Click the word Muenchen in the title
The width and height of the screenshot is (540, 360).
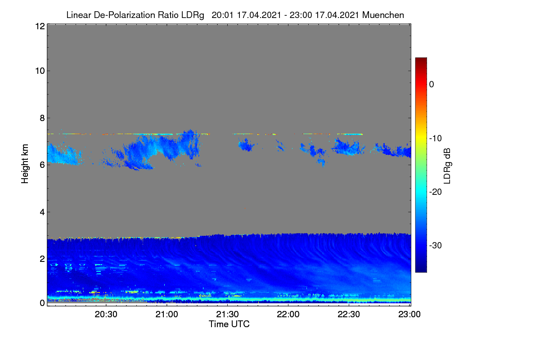383,15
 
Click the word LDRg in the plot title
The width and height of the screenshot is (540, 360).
193,15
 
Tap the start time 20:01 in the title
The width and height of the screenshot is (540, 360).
222,15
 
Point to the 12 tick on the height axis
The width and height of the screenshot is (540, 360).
40,26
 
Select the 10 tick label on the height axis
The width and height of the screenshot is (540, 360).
40,71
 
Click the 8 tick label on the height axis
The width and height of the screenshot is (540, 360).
42,118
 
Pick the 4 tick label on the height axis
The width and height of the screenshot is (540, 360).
42,212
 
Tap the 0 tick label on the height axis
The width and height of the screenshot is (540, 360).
42,303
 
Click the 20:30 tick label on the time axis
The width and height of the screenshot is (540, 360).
106,315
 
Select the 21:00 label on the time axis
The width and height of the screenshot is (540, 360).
166,315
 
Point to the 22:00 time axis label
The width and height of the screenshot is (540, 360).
288,315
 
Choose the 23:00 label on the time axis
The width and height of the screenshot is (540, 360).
409,315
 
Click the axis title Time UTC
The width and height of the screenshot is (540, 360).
229,324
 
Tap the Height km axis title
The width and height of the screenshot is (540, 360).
25,164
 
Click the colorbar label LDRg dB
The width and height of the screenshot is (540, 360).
447,166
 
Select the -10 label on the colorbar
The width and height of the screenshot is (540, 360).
436,139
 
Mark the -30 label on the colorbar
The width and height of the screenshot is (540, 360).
436,245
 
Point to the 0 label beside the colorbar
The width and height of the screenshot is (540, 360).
432,85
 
